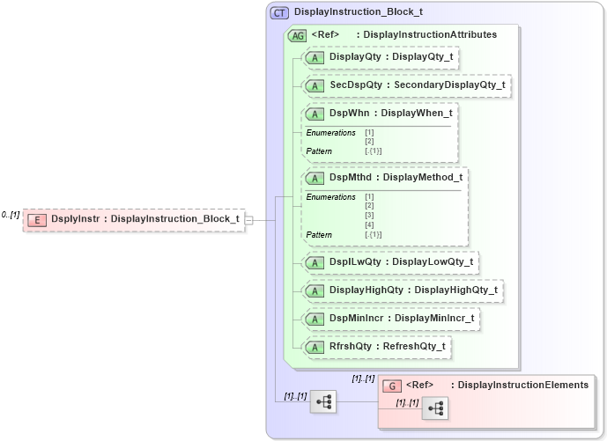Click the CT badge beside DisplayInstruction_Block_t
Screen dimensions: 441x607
[280, 12]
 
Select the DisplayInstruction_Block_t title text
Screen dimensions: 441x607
[358, 12]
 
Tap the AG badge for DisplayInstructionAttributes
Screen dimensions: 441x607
[297, 35]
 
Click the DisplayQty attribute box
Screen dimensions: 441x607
[381, 57]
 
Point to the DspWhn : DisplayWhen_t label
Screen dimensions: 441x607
[390, 114]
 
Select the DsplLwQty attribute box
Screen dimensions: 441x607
[389, 261]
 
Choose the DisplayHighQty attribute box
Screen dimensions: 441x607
[402, 290]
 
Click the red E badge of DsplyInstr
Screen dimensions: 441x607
[37, 219]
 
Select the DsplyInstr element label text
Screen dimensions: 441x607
[144, 219]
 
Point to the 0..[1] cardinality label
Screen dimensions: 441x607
[11, 214]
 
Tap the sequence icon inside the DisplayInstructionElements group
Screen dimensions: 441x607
[435, 408]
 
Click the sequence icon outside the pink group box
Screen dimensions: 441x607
[323, 401]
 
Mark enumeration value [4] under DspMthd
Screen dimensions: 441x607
[369, 225]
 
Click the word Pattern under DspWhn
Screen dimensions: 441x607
[319, 151]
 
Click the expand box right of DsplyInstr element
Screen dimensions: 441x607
[248, 219]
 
